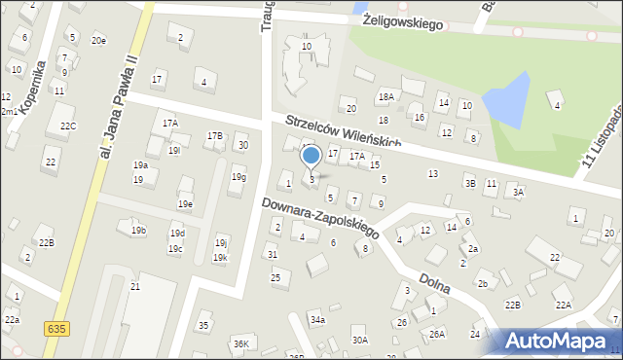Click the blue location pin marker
click(311, 157)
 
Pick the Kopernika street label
click(32, 88)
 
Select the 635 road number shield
click(55, 330)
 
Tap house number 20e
click(98, 40)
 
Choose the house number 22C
click(67, 126)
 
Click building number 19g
click(238, 177)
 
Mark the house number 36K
click(241, 343)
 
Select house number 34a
click(317, 319)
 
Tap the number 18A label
click(386, 96)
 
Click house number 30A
click(360, 340)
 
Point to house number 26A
click(437, 334)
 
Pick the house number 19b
click(138, 230)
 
